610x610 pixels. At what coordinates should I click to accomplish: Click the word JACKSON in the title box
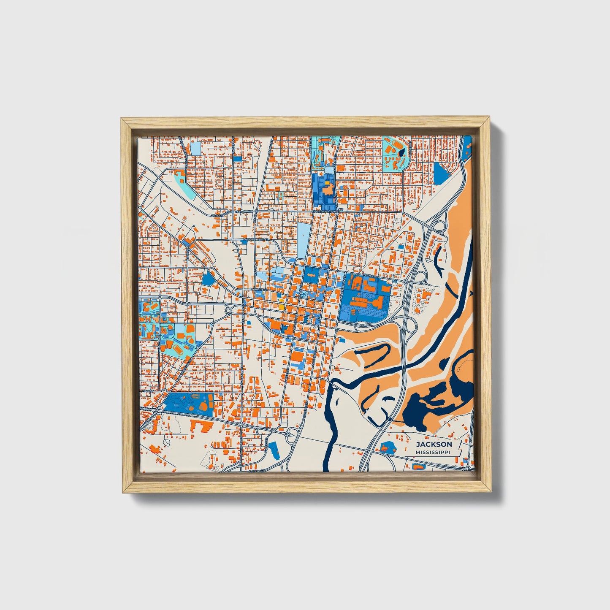[434, 444]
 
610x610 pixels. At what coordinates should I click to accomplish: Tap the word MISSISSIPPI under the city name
[433, 452]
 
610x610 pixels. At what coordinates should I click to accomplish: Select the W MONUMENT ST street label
[255, 239]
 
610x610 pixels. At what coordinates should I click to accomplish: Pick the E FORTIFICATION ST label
[326, 211]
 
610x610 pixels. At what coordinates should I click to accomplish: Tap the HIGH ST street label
[369, 275]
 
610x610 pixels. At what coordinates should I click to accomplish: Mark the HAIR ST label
[147, 391]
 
